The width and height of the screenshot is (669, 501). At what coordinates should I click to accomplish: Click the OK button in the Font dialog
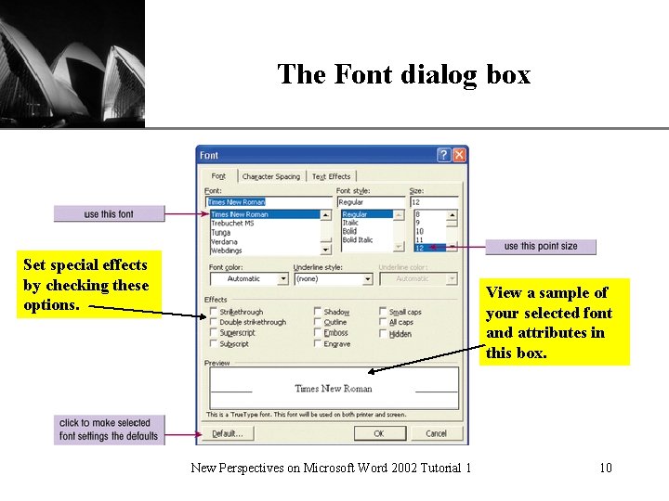pyautogui.click(x=378, y=433)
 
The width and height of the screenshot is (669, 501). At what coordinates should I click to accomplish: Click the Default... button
pyautogui.click(x=228, y=433)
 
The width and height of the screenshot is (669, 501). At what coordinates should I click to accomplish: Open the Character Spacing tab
pyautogui.click(x=271, y=176)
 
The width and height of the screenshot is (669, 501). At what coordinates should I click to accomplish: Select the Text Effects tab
pyautogui.click(x=331, y=176)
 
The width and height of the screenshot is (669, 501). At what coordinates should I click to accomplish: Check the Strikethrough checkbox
pyautogui.click(x=214, y=313)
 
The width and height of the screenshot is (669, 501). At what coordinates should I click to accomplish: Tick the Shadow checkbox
pyautogui.click(x=318, y=313)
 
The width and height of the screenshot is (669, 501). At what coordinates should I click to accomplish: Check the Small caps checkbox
pyautogui.click(x=384, y=313)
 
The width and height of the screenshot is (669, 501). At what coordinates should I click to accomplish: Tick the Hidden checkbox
pyautogui.click(x=384, y=334)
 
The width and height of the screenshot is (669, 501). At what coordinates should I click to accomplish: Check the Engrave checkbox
pyautogui.click(x=318, y=344)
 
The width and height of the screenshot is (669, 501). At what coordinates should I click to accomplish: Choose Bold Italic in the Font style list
pyautogui.click(x=358, y=240)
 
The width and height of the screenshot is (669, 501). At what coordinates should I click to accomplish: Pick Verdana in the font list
pyautogui.click(x=226, y=240)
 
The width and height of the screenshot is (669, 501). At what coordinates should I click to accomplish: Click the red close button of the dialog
pyautogui.click(x=459, y=155)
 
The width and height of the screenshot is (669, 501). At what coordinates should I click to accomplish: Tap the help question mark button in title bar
pyautogui.click(x=443, y=155)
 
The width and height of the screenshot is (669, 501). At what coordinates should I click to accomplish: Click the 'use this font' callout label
pyautogui.click(x=109, y=214)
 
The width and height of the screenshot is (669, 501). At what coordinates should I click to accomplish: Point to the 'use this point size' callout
pyautogui.click(x=540, y=247)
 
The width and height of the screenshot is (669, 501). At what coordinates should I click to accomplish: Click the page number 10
pyautogui.click(x=606, y=468)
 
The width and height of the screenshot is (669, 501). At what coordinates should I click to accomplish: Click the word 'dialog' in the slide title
pyautogui.click(x=440, y=74)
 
